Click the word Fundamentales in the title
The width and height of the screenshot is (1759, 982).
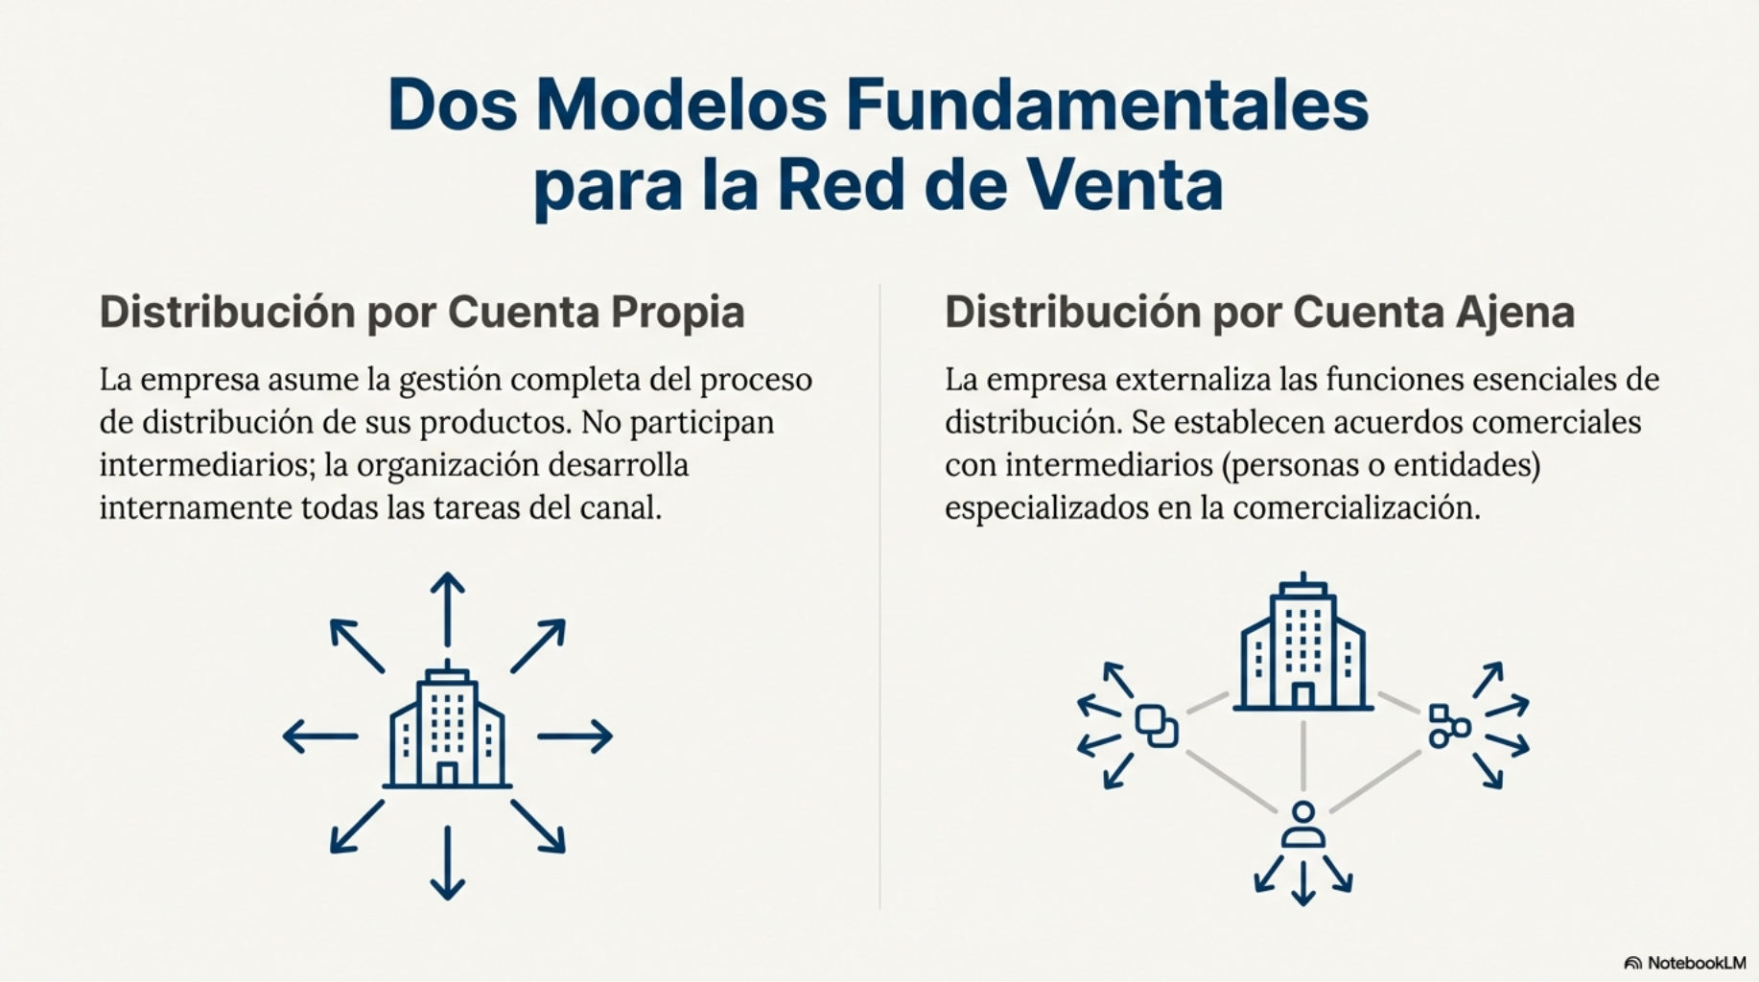click(x=1107, y=105)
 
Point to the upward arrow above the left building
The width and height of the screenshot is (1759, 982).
click(x=447, y=609)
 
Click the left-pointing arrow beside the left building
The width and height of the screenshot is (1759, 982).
click(x=320, y=736)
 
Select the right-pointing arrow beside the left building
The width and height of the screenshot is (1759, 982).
click(x=575, y=736)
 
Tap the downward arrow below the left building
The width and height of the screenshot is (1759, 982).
click(x=447, y=863)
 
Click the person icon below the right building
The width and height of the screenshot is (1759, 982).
click(x=1302, y=826)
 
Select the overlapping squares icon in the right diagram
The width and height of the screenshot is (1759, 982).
click(x=1157, y=726)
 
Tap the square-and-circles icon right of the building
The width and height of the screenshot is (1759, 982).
click(x=1449, y=726)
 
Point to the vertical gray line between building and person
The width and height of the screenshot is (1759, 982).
click(x=1302, y=756)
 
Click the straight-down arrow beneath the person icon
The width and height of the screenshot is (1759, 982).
click(x=1302, y=883)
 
